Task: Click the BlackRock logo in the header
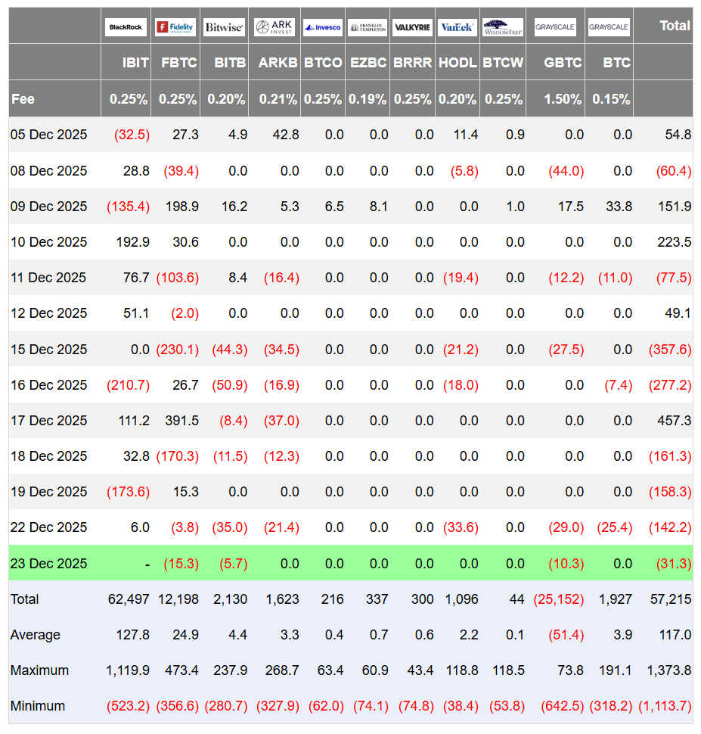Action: click(x=126, y=27)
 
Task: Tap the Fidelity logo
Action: click(x=175, y=27)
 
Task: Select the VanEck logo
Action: click(x=457, y=27)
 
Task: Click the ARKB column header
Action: click(x=278, y=63)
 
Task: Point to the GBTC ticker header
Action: click(x=563, y=63)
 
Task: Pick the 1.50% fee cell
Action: click(x=563, y=99)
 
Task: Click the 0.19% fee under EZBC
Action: click(x=368, y=99)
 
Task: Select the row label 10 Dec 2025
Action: click(x=48, y=242)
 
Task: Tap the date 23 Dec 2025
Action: click(x=48, y=563)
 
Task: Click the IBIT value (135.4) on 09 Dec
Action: click(x=129, y=207)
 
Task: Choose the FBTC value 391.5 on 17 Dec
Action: click(x=181, y=421)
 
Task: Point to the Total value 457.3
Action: click(x=674, y=421)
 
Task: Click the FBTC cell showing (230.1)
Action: click(x=178, y=349)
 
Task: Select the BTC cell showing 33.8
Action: click(x=619, y=207)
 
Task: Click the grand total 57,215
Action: click(x=671, y=599)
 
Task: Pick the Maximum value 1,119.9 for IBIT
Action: click(x=128, y=670)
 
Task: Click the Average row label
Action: click(x=35, y=635)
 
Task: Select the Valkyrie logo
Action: click(x=412, y=27)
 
